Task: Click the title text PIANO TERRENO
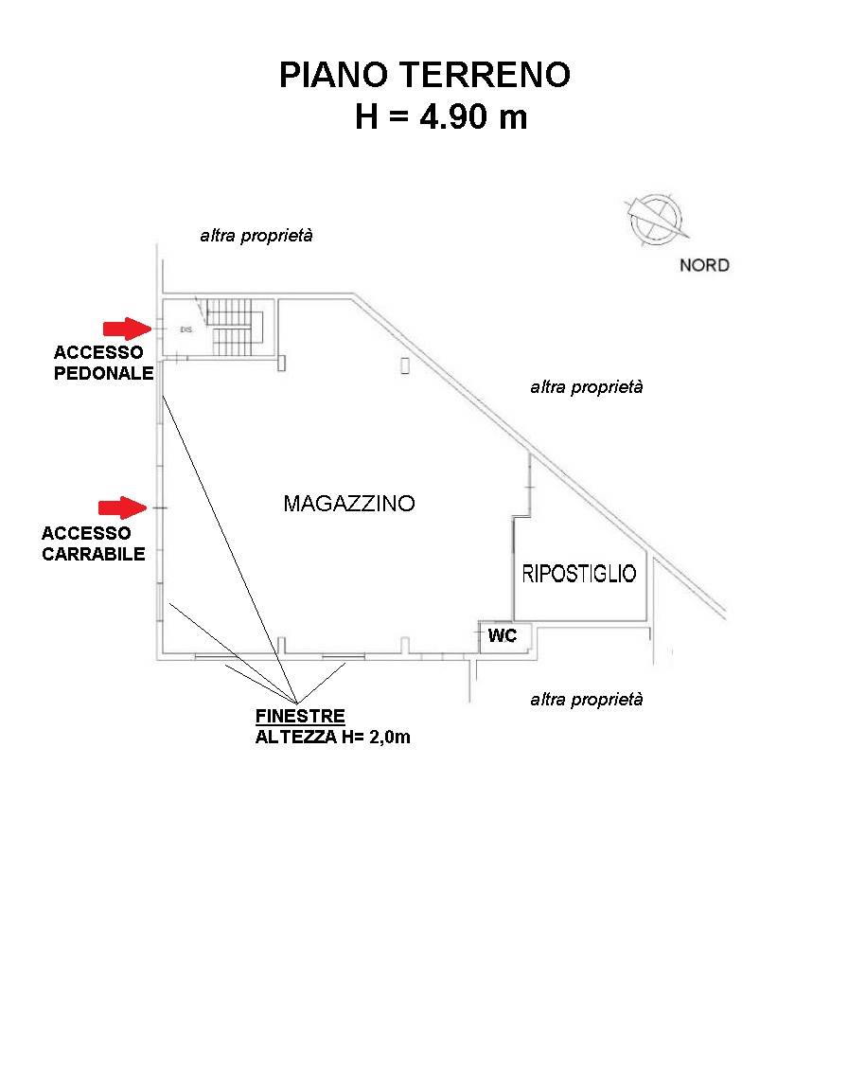pyautogui.click(x=425, y=75)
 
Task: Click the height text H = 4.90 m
pyautogui.click(x=441, y=116)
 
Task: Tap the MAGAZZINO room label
pyautogui.click(x=349, y=504)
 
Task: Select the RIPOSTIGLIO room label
pyautogui.click(x=579, y=574)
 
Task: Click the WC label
pyautogui.click(x=503, y=635)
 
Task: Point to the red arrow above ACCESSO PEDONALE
pyautogui.click(x=127, y=329)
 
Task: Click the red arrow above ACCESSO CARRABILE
pyautogui.click(x=123, y=507)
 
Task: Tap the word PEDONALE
pyautogui.click(x=103, y=373)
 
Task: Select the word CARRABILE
pyautogui.click(x=94, y=554)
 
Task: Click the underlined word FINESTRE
pyautogui.click(x=300, y=716)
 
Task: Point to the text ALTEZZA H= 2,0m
pyautogui.click(x=333, y=737)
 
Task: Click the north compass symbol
pyautogui.click(x=656, y=220)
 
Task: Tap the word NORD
pyautogui.click(x=704, y=265)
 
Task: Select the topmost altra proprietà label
pyautogui.click(x=256, y=236)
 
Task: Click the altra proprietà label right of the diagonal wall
pyautogui.click(x=587, y=387)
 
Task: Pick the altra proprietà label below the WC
pyautogui.click(x=587, y=700)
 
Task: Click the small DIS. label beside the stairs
pyautogui.click(x=186, y=329)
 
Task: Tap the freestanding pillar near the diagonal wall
pyautogui.click(x=405, y=365)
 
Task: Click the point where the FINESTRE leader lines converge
pyautogui.click(x=297, y=703)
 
